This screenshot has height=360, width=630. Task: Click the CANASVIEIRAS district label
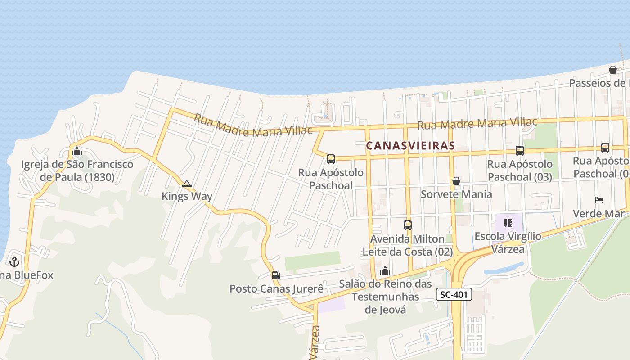pos(410,146)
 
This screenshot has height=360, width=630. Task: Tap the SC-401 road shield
pos(454,295)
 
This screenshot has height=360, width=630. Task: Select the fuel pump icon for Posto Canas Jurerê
pos(276,275)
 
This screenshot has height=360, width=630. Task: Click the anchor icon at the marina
pos(14,261)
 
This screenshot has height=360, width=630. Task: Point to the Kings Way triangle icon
pos(186,184)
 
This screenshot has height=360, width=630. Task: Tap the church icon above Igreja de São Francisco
pos(77,151)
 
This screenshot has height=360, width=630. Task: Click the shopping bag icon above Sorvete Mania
pos(456,181)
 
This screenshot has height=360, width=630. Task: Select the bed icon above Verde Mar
pos(598,200)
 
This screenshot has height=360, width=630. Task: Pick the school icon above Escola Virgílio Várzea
pos(508,223)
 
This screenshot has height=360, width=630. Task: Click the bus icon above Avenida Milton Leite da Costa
pos(408,225)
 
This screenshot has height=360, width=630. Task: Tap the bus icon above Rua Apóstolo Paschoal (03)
pos(520,151)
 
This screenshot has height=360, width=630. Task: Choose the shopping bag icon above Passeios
pos(613,70)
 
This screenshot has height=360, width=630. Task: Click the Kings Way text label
pos(187,196)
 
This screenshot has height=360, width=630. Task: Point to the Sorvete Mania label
pos(456,194)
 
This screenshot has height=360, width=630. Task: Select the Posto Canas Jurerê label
pos(276,288)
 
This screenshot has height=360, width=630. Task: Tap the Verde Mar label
pos(598,213)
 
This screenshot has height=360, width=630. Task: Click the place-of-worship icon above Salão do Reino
pos(385,270)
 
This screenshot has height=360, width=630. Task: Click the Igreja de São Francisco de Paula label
pos(77,171)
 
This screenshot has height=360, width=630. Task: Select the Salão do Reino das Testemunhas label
pos(385,297)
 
